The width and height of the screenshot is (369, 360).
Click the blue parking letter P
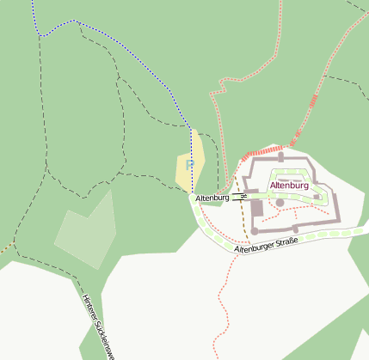[x=190, y=162]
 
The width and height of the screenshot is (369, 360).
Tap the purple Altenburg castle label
[x=289, y=185]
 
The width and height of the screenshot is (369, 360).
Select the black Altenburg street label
[x=212, y=198]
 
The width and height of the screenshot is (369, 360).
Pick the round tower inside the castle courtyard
[x=280, y=203]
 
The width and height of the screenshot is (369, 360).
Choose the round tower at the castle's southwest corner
[x=255, y=230]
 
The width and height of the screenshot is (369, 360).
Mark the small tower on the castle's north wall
[x=280, y=157]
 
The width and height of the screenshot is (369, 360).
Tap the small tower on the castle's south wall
[x=295, y=229]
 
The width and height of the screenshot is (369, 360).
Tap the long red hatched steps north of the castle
[x=261, y=152]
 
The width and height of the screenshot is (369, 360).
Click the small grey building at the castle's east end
[x=317, y=197]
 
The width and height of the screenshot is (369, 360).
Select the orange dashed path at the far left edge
[x=5, y=250]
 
